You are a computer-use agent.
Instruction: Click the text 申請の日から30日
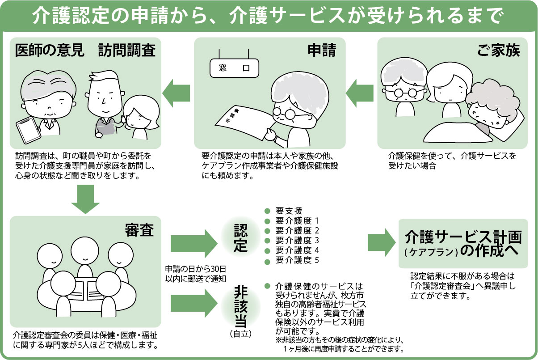coord(195,269)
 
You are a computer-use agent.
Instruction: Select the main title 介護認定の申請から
coord(130,17)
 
